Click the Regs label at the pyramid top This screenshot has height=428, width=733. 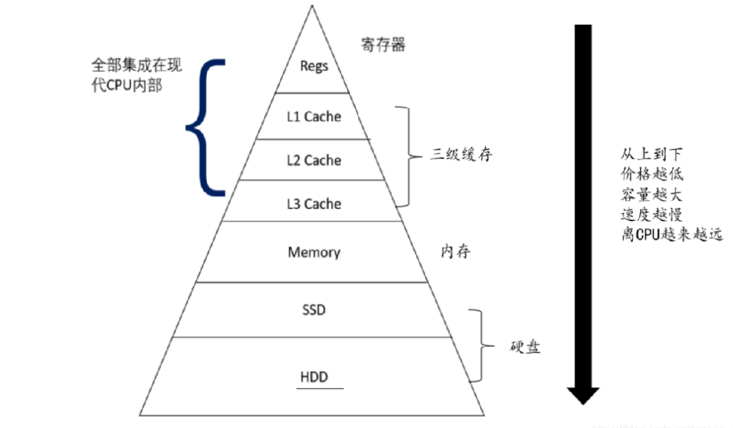coord(314,67)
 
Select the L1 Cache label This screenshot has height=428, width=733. coord(314,117)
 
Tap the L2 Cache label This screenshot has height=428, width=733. coord(314,160)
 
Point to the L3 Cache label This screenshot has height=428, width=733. coord(314,204)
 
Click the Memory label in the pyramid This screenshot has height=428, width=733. coord(314,252)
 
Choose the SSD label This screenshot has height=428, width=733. coord(314,310)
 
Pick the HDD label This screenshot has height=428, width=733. coord(314,378)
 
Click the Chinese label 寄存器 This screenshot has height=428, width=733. coord(383,46)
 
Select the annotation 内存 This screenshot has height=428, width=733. coord(456,252)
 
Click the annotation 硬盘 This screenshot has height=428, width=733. coord(523,346)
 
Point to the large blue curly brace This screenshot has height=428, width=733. coord(205,127)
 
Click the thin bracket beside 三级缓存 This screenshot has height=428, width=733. coord(407,156)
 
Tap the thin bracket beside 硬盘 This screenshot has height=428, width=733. coord(479,346)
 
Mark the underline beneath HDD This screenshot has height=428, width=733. coord(320,388)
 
